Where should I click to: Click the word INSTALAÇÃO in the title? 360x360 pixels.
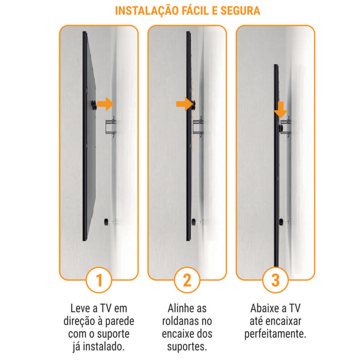pos(147,11)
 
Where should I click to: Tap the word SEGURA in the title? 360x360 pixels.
pos(240,11)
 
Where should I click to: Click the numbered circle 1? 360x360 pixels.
pos(99,280)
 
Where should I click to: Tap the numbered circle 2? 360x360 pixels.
pos(187,280)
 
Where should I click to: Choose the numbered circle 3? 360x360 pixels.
pos(275,280)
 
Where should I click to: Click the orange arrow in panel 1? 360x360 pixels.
pos(106,104)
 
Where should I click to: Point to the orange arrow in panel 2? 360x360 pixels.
pos(185,104)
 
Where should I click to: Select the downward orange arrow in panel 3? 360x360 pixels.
pos(281,110)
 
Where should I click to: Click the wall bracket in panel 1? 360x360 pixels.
pos(110,127)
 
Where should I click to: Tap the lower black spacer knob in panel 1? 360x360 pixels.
pos(106,222)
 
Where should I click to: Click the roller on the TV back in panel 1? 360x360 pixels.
pos(94,105)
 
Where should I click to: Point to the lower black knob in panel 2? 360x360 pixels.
pos(194,222)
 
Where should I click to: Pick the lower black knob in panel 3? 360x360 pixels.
pos(281,222)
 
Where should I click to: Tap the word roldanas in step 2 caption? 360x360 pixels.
pos(178,321)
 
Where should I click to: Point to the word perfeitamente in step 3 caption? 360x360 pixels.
pos(275,334)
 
